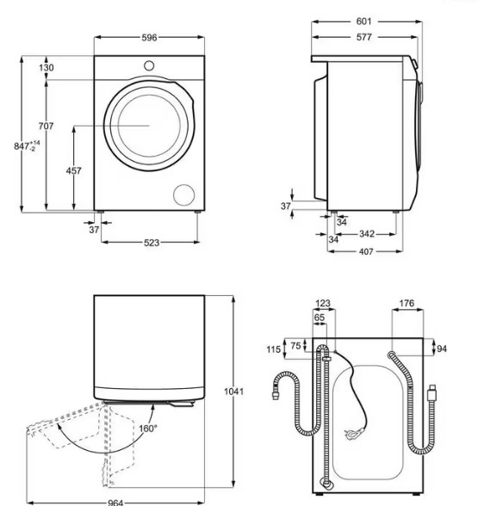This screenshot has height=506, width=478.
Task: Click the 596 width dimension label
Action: coord(149,38)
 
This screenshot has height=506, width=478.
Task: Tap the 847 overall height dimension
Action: coord(27,146)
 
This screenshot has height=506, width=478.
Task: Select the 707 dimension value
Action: coord(46,126)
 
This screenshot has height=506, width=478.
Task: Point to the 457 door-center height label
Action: coord(74,170)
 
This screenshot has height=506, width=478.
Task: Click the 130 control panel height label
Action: coord(47,68)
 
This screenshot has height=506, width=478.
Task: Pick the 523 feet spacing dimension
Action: coord(152,243)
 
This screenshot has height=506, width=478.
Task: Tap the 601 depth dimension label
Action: coord(363,22)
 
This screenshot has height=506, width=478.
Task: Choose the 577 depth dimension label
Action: coord(363,37)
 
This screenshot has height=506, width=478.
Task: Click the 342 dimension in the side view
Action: coord(367,233)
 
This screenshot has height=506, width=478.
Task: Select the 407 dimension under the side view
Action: coord(366,251)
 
